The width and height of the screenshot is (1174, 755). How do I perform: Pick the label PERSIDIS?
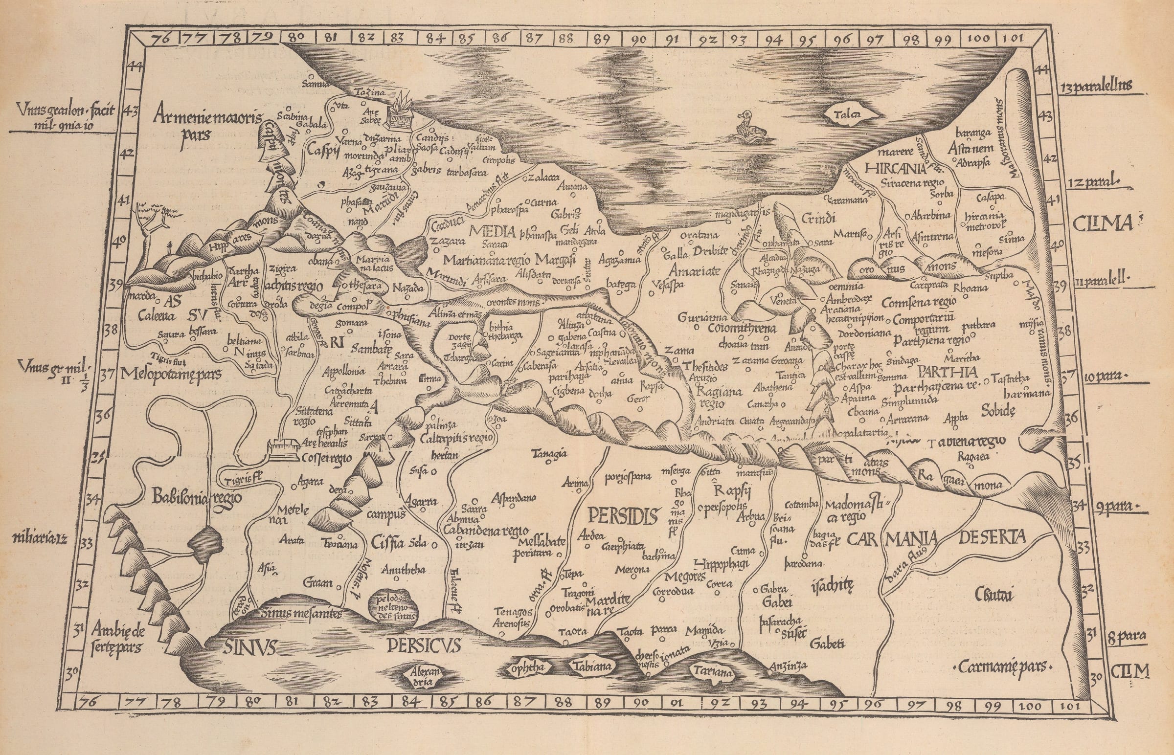[622, 516]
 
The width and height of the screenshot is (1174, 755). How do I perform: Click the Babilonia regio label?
[197, 497]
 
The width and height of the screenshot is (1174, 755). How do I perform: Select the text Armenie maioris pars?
[208, 124]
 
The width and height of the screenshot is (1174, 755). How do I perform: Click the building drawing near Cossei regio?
[283, 449]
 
